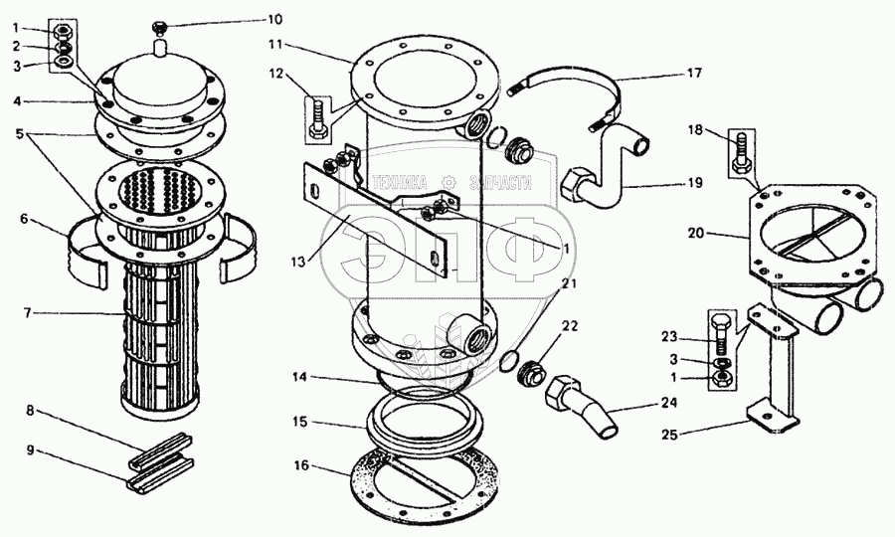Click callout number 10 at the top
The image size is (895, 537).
click(274, 20)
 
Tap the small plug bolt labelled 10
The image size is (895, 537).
click(159, 26)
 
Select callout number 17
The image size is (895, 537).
click(694, 73)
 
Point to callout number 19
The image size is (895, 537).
click(694, 183)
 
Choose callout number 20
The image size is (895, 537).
click(696, 234)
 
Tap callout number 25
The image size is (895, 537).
click(670, 435)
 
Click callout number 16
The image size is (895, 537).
click(301, 465)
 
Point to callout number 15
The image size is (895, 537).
click(300, 422)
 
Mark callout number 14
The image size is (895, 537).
click(300, 377)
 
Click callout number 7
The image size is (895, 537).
click(28, 312)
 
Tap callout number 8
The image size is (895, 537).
click(30, 410)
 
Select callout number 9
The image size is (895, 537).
click(30, 450)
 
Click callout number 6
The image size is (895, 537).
click(24, 219)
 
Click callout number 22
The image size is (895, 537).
click(570, 326)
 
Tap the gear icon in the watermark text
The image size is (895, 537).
click(449, 182)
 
